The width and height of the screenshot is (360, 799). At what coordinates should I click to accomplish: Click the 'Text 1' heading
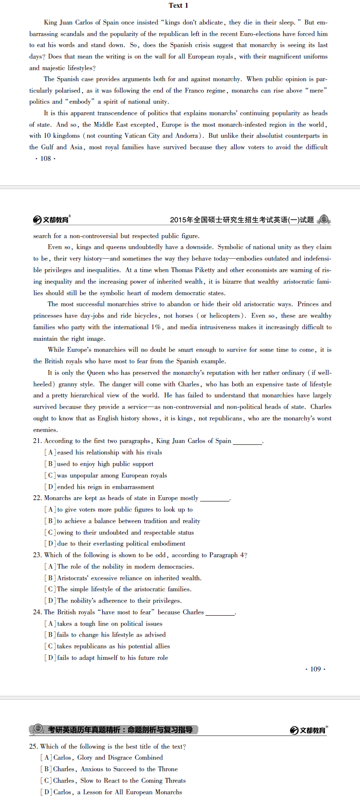(x=179, y=5)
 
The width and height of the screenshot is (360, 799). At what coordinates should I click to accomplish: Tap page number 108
(x=46, y=158)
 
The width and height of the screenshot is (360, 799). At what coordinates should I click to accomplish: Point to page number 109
(x=315, y=669)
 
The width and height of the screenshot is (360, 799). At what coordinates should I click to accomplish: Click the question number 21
(x=37, y=441)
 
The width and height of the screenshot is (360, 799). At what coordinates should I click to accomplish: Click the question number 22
(x=37, y=498)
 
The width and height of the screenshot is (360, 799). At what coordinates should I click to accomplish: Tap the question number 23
(x=37, y=555)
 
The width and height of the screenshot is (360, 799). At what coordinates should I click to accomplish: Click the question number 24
(x=37, y=612)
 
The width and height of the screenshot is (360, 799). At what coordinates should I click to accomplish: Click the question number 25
(x=33, y=747)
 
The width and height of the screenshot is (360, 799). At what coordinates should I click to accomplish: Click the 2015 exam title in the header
(x=241, y=220)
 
